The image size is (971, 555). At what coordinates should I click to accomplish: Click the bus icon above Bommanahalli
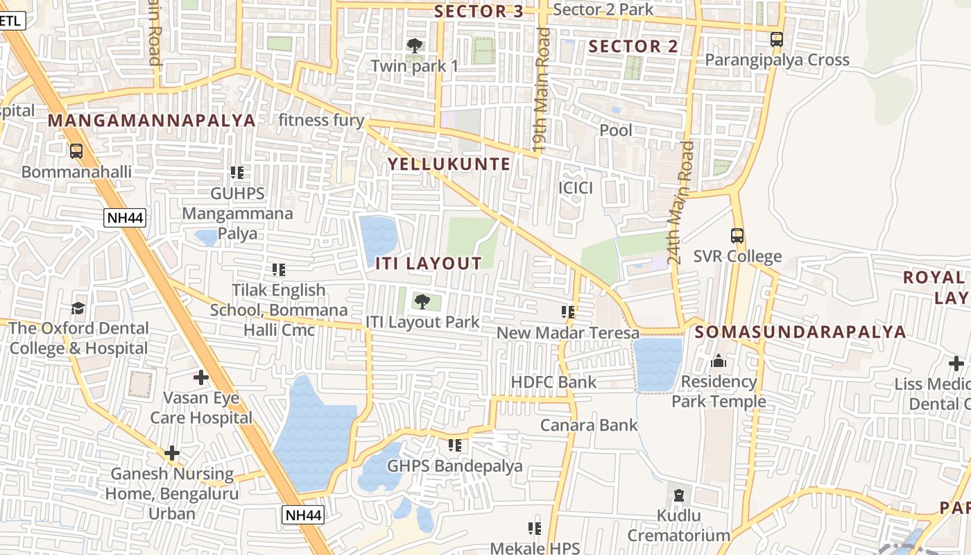[x=76, y=151]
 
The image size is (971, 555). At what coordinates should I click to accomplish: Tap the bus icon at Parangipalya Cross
[x=777, y=40]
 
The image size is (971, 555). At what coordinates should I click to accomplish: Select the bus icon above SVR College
[x=737, y=236]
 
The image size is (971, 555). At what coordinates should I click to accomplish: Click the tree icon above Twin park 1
[x=415, y=46]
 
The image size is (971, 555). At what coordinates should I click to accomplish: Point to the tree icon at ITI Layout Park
[x=422, y=302]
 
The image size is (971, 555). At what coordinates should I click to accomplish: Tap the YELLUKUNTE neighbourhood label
[x=449, y=164]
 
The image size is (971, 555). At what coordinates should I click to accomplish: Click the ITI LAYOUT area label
[x=429, y=264]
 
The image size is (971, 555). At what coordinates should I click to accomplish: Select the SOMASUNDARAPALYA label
[x=800, y=332]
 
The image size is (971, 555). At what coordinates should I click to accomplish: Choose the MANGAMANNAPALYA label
[x=152, y=121]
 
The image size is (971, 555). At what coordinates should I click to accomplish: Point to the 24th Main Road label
[x=680, y=203]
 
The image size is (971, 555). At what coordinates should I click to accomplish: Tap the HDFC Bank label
[x=553, y=382]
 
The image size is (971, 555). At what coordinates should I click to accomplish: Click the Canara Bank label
[x=589, y=425]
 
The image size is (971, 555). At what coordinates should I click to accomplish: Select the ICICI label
[x=576, y=188]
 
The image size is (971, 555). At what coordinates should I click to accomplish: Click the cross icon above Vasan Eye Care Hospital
[x=201, y=377]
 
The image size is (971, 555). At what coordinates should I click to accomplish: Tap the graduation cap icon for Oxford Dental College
[x=78, y=308]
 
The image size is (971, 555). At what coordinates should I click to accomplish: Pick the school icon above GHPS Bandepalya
[x=455, y=445]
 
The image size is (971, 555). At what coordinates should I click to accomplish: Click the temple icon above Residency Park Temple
[x=719, y=361]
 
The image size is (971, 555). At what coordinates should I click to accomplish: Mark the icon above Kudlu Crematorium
[x=678, y=495]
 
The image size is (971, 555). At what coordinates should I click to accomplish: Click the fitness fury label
[x=321, y=121]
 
